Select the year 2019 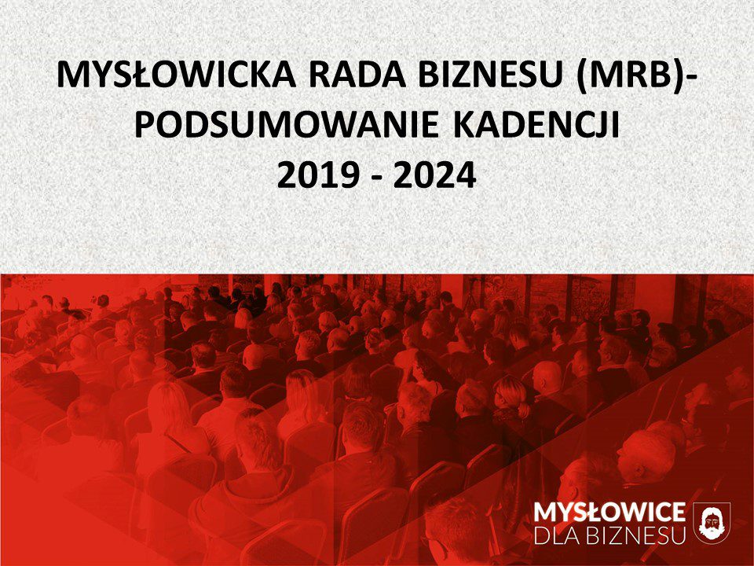tap(318, 175)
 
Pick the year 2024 tap(434, 175)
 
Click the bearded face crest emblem tap(712, 523)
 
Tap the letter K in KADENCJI tap(464, 125)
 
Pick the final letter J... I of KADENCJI tap(616, 125)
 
